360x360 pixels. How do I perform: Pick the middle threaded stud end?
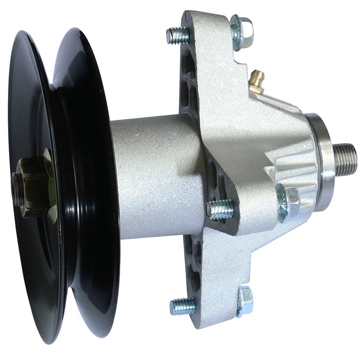tap(220, 209)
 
